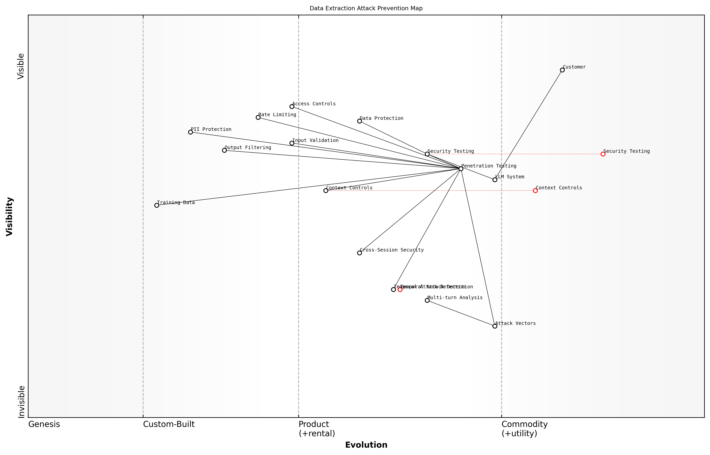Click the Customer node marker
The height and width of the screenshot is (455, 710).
click(562, 70)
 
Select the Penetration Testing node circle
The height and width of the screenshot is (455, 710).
click(461, 169)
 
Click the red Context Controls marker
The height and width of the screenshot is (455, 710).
click(535, 191)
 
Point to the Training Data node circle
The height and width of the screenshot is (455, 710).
click(156, 205)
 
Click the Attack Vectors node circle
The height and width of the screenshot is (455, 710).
click(495, 326)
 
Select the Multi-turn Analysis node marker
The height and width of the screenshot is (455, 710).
click(427, 300)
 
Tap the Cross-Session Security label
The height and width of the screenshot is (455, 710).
click(392, 250)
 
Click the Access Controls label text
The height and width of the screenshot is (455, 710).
click(314, 104)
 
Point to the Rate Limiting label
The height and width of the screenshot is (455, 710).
click(277, 115)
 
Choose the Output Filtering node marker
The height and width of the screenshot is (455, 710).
click(224, 150)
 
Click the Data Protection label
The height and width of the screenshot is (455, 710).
click(381, 118)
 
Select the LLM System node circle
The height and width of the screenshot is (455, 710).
click(495, 180)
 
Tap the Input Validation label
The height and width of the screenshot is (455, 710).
click(315, 140)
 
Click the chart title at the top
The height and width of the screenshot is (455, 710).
click(366, 8)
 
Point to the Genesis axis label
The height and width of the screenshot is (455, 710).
click(44, 424)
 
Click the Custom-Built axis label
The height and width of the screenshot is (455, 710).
click(169, 424)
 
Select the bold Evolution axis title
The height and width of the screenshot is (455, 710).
click(366, 445)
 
